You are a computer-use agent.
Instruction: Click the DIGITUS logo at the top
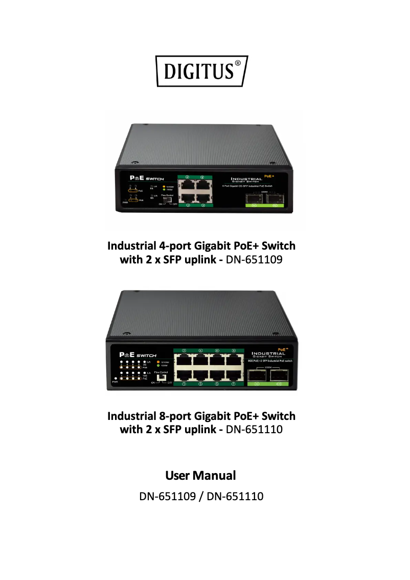(202, 71)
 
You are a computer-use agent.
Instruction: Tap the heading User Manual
(201, 476)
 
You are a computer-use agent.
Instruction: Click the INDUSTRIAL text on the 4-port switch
(247, 179)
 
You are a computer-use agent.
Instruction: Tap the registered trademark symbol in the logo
(238, 65)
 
